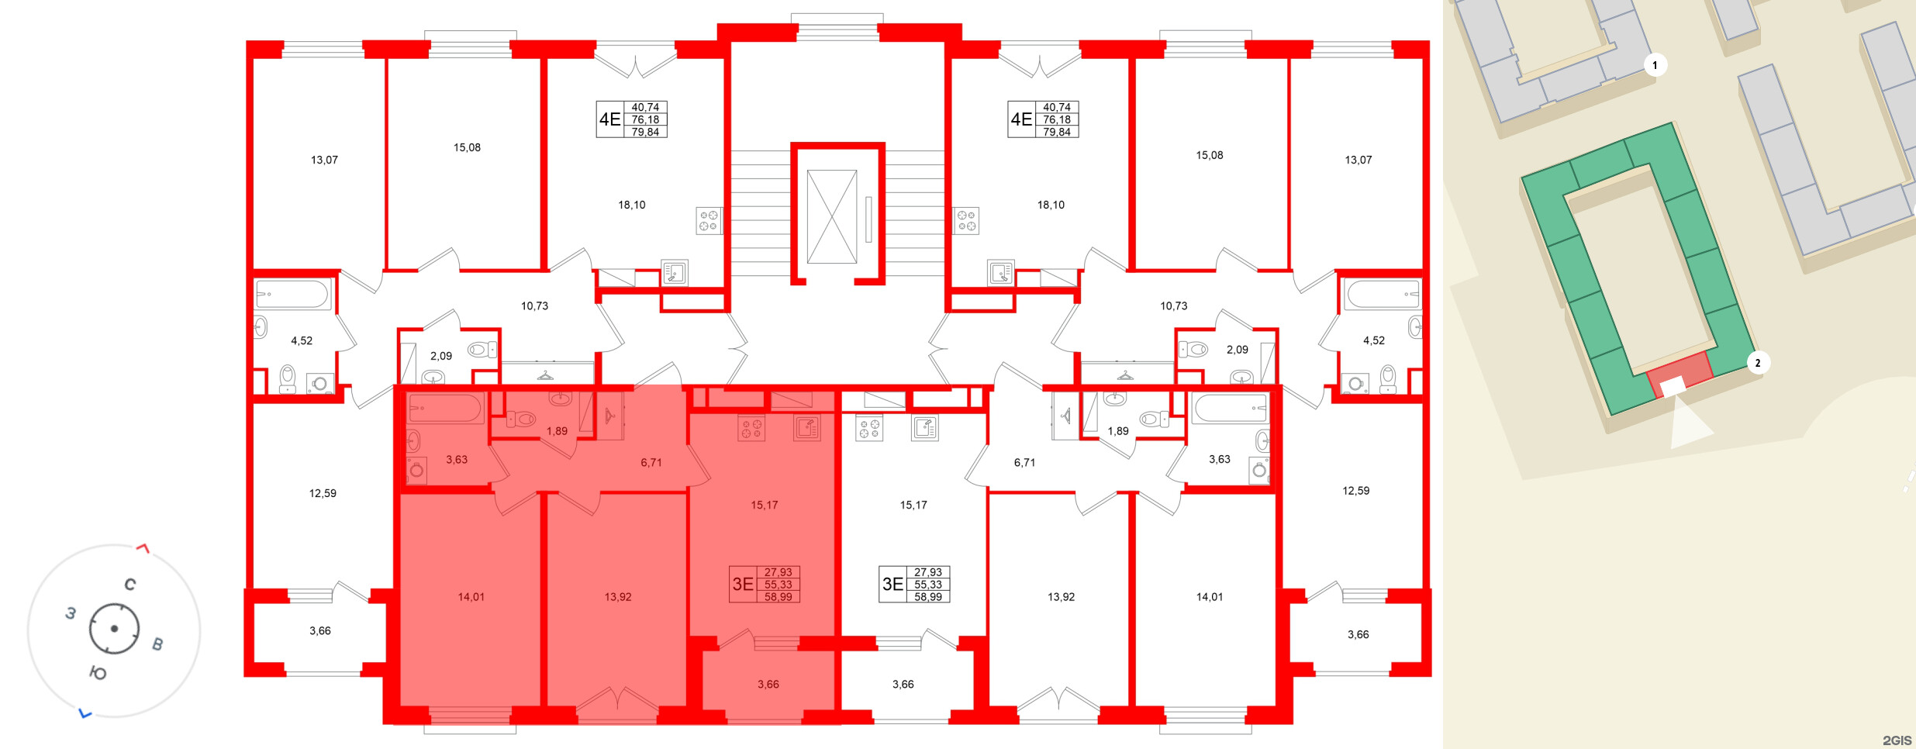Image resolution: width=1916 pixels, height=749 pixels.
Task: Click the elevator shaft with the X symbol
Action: (x=831, y=217)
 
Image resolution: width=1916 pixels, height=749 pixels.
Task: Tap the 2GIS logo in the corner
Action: (x=1897, y=740)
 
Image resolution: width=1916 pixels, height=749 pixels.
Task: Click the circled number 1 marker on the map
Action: (x=1655, y=65)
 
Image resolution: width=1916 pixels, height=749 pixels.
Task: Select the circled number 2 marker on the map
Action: (x=1757, y=363)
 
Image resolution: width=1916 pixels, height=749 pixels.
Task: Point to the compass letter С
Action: (x=130, y=585)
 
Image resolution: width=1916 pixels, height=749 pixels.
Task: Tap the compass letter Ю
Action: (x=98, y=673)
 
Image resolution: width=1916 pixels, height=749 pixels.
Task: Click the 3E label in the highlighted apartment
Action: (x=743, y=584)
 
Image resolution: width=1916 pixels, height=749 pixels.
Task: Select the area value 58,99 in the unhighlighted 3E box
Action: (x=927, y=597)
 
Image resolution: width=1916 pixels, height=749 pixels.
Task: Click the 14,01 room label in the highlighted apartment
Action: (x=471, y=597)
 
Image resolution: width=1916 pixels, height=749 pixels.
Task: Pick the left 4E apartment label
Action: (x=609, y=119)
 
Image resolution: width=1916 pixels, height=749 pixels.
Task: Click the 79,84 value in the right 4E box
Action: (x=1056, y=132)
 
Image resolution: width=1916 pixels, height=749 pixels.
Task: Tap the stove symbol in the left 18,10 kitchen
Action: (x=708, y=220)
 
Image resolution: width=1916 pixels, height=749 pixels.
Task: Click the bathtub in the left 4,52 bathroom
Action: (x=293, y=295)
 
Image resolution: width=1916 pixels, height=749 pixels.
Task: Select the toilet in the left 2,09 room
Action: (x=482, y=350)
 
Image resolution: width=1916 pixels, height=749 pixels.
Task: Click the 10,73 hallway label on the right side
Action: (x=1173, y=306)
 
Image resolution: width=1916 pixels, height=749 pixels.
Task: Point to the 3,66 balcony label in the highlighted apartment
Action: (x=768, y=684)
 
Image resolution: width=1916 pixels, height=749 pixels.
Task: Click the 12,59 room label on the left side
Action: (x=323, y=493)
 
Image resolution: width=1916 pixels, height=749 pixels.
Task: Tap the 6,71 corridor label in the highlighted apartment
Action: (x=651, y=463)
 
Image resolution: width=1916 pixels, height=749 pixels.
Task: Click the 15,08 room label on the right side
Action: (x=1209, y=155)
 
